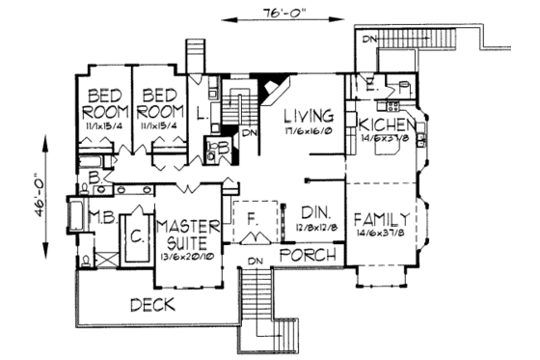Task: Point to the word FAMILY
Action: click(x=383, y=216)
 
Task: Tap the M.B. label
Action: click(x=103, y=215)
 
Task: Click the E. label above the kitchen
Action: click(x=371, y=82)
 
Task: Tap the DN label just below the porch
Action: click(x=256, y=262)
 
